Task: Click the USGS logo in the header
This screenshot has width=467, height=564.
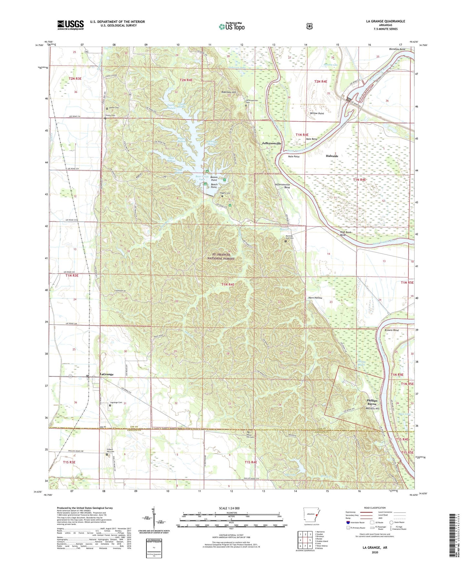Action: pos(70,25)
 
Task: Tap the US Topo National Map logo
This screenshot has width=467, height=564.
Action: pos(231,26)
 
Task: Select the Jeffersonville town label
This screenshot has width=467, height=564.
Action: pos(271,143)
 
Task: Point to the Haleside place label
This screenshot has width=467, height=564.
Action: pos(332,156)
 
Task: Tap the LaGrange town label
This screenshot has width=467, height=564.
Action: pos(107,374)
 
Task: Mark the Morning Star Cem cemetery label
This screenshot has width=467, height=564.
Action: pos(289,237)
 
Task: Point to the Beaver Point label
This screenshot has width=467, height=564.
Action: pos(214,178)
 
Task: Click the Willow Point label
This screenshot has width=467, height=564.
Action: pos(317,113)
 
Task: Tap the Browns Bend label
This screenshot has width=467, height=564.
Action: pos(391,330)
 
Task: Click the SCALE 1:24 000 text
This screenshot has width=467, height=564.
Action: pos(229,508)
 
